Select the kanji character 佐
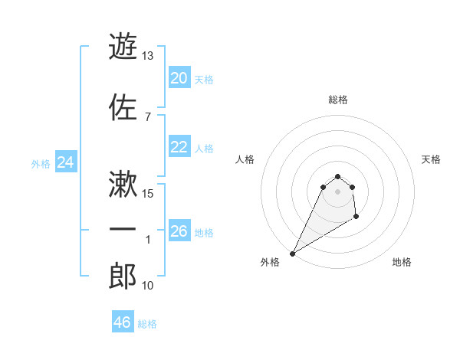[x=123, y=107]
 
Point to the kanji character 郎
[x=123, y=277]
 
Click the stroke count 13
[x=148, y=56]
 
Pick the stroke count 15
[x=149, y=194]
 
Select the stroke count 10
[x=149, y=286]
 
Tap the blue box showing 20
[x=179, y=78]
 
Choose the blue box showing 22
[x=179, y=147]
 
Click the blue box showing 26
[x=179, y=231]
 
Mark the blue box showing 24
[x=65, y=162]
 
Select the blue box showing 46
[x=122, y=322]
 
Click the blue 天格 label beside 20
[x=204, y=80]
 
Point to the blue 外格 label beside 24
[x=41, y=163]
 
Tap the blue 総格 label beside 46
[x=147, y=324]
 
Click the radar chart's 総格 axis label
[x=338, y=100]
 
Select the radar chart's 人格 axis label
[x=245, y=159]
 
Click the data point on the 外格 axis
[x=292, y=254]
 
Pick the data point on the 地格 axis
[x=356, y=218]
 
